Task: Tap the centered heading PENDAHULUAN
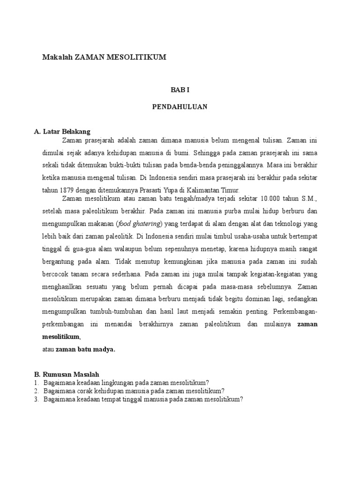click(180, 107)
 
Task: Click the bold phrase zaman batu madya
click(85, 349)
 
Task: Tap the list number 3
click(36, 399)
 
